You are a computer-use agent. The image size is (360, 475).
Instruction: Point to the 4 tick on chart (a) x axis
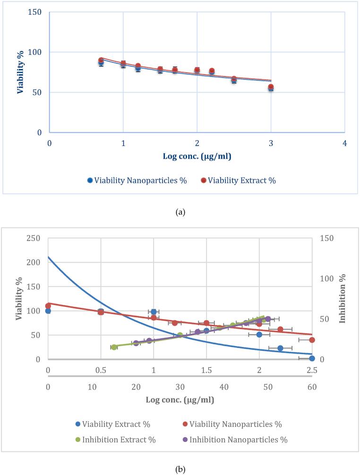pos(345,143)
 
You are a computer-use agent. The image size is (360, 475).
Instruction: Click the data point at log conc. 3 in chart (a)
pos(271,87)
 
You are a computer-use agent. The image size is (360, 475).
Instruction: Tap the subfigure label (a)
pos(180,212)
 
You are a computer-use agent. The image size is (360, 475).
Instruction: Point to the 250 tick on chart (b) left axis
pos(33,238)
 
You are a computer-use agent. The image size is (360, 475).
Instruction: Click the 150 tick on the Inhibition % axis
pos(327,238)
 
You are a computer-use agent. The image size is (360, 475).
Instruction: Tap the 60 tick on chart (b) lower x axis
pos(312,387)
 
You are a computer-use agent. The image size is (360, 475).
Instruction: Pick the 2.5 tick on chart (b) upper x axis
pos(312,370)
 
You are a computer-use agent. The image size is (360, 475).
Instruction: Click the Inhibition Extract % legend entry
pos(115,440)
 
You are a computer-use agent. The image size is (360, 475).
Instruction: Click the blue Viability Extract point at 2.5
pos(312,358)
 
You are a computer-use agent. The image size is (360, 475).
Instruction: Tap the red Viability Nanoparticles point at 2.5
pos(312,340)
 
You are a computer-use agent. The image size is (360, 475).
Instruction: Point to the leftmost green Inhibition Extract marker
pos(114,347)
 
